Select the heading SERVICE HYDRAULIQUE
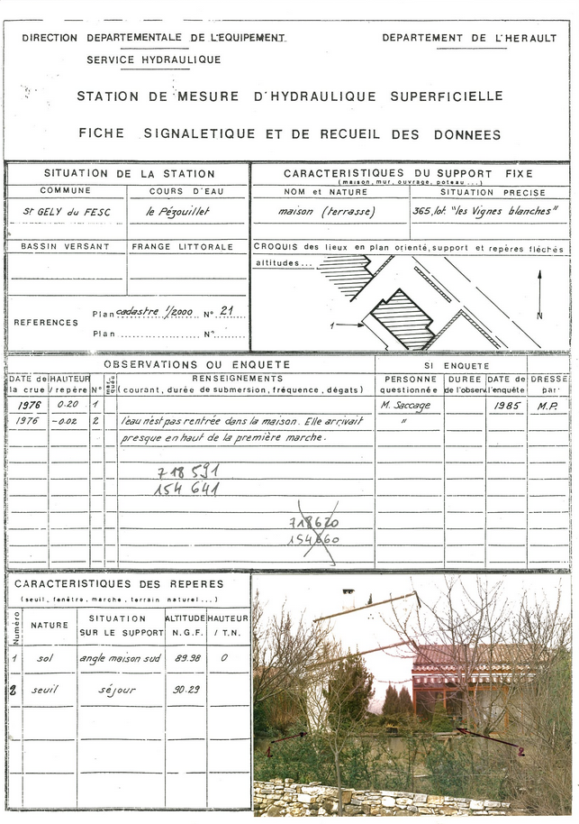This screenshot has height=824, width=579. [x=153, y=60]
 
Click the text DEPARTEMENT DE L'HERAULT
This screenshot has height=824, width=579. [x=469, y=38]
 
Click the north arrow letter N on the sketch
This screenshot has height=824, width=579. [x=539, y=316]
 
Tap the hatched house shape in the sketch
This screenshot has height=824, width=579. [x=403, y=318]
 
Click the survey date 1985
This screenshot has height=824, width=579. [x=506, y=406]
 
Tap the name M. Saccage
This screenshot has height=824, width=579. [x=405, y=406]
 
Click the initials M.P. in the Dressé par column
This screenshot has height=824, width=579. [x=547, y=406]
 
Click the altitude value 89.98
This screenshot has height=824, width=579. [x=185, y=658]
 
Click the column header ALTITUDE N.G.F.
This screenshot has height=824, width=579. [x=185, y=625]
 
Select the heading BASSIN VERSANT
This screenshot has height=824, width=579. [x=65, y=246]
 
